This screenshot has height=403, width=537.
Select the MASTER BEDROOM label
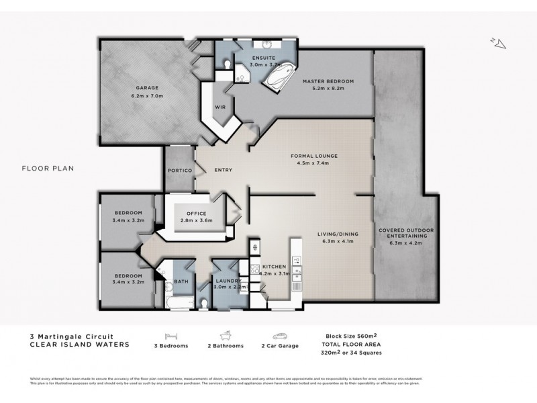tap(328, 81)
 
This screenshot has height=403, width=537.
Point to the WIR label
tap(219, 107)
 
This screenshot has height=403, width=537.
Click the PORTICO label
tap(180, 171)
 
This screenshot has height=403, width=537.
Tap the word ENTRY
tap(223, 170)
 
